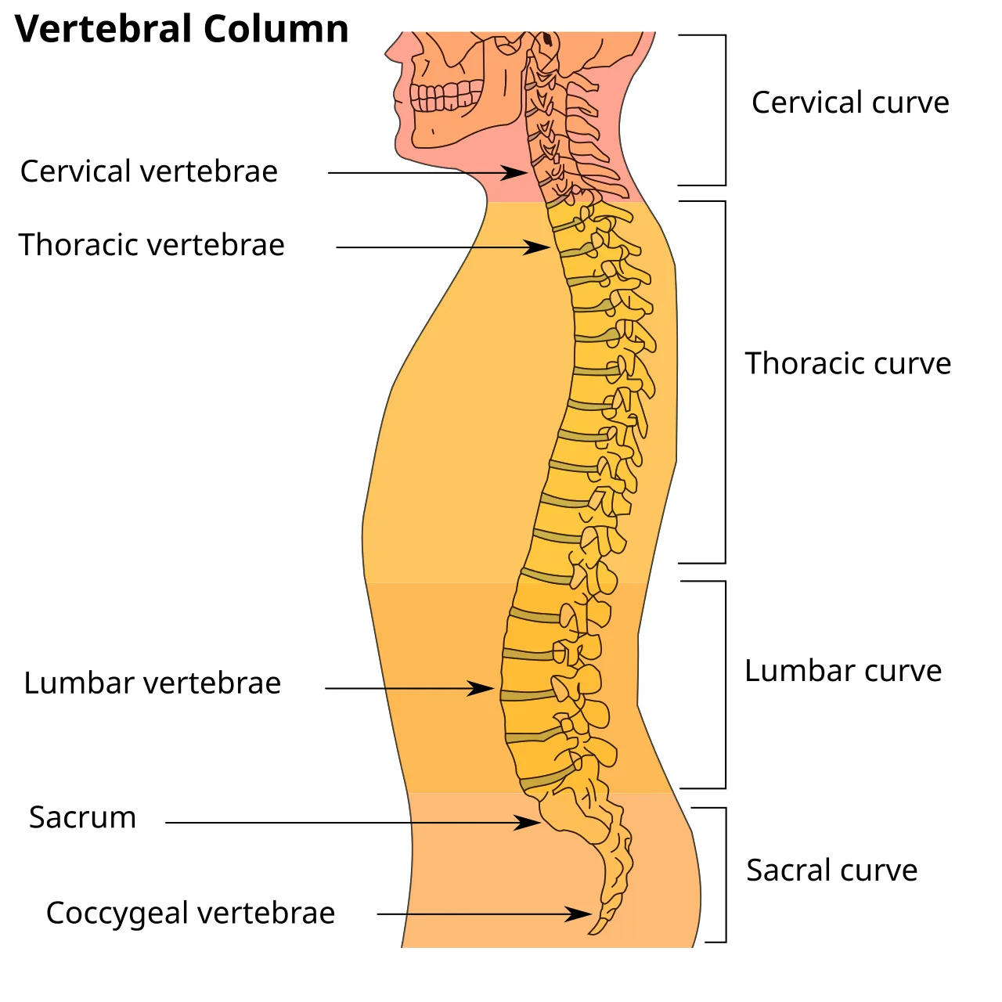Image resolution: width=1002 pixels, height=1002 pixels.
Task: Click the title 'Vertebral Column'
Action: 182,29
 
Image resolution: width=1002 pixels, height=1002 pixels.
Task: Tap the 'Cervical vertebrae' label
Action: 149,171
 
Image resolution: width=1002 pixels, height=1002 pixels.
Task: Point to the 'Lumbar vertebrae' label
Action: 153,683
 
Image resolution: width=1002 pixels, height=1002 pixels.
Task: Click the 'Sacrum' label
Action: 83,817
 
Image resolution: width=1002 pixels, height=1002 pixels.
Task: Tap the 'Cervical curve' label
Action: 850,102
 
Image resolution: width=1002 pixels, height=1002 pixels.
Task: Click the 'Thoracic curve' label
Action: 848,363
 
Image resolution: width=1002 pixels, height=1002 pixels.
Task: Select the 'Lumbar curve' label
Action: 843,670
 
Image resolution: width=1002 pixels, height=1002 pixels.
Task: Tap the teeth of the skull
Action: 445,96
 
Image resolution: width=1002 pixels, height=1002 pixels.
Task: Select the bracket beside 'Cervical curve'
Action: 726,110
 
